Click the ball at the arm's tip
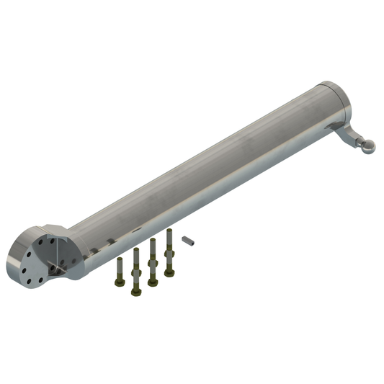point(368,147)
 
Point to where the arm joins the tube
point(332,127)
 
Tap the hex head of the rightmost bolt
point(169,272)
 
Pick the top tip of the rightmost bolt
point(169,231)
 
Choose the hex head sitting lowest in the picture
point(135,290)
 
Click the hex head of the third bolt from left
point(152,282)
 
